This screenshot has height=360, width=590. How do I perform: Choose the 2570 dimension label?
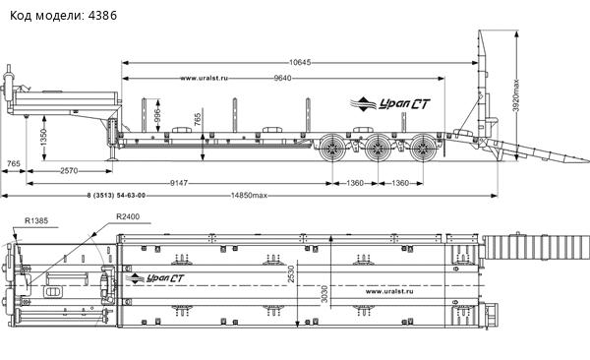[68, 171]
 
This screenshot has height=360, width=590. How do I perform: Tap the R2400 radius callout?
[128, 215]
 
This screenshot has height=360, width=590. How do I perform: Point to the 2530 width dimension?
[291, 276]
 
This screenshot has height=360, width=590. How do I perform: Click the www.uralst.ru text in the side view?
[206, 78]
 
